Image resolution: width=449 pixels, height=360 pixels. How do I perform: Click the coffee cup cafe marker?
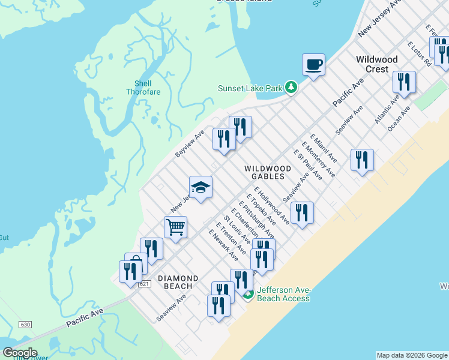(313, 64)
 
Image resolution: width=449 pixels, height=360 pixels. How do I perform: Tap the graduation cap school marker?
(201, 187)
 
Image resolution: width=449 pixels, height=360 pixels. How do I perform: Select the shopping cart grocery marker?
(175, 227)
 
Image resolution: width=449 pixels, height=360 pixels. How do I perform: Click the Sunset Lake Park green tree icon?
(291, 88)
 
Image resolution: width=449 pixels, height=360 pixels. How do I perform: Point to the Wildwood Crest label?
(376, 64)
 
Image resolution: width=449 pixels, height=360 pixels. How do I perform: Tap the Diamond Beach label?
(178, 282)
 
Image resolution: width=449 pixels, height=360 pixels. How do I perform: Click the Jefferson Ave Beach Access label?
(283, 294)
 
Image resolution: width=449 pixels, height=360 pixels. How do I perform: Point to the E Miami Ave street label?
(324, 149)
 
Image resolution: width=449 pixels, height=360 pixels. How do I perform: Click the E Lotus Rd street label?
(419, 54)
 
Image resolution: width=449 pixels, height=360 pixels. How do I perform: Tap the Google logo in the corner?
(19, 353)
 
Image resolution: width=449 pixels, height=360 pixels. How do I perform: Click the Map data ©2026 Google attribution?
(412, 355)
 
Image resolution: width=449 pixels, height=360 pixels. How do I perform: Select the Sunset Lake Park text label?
(250, 88)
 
